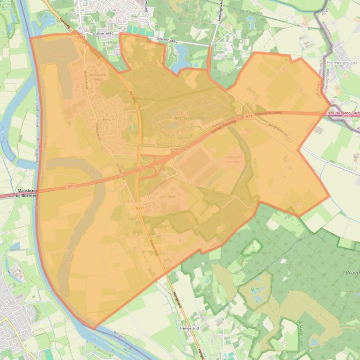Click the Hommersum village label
pyautogui.click(x=342, y=63)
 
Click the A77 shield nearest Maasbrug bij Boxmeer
pyautogui.click(x=71, y=186)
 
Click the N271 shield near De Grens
pyautogui.click(x=139, y=208)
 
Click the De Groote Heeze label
pyautogui.click(x=98, y=77)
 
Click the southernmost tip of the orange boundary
pyautogui.click(x=94, y=329)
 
